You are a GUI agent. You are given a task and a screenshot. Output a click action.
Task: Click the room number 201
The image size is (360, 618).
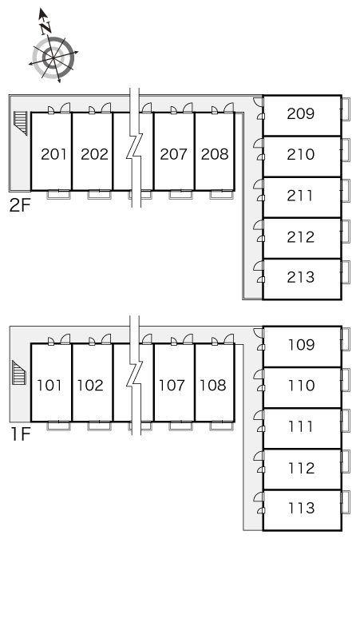(54, 154)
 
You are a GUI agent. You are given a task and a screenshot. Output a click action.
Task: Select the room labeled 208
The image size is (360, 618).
(215, 154)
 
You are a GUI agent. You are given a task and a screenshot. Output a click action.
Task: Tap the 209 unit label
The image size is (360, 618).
(300, 113)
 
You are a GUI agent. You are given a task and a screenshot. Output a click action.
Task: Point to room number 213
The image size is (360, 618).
(300, 277)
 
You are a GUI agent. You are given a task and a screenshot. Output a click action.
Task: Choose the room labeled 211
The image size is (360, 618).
(300, 196)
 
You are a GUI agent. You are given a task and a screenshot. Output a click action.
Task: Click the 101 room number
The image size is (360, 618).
(49, 385)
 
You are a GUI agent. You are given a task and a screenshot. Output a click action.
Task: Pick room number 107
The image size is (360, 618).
(172, 385)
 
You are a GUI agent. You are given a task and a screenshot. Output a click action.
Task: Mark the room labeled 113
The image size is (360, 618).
(301, 508)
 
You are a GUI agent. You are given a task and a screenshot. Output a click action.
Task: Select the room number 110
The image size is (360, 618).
(301, 385)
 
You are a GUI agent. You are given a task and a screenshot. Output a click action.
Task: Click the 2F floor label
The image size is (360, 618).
(20, 205)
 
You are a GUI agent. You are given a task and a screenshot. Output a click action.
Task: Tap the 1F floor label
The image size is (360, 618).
(20, 434)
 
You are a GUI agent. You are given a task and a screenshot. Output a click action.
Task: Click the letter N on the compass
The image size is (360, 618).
(45, 27)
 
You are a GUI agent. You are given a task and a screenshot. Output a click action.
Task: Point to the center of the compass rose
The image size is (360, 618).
(53, 58)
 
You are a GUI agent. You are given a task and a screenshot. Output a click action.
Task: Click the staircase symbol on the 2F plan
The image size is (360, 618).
(21, 123)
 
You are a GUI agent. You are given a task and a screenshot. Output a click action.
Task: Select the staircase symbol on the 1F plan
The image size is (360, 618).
(19, 372)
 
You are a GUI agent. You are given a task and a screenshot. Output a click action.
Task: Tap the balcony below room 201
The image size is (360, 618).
(59, 194)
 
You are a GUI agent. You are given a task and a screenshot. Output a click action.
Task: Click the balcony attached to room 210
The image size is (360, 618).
(346, 150)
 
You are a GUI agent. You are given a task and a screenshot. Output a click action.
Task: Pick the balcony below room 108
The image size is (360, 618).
(222, 426)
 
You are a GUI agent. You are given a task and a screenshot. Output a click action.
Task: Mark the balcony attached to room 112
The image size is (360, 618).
(346, 462)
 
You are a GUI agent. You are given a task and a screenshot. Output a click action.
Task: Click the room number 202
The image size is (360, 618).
(94, 154)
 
